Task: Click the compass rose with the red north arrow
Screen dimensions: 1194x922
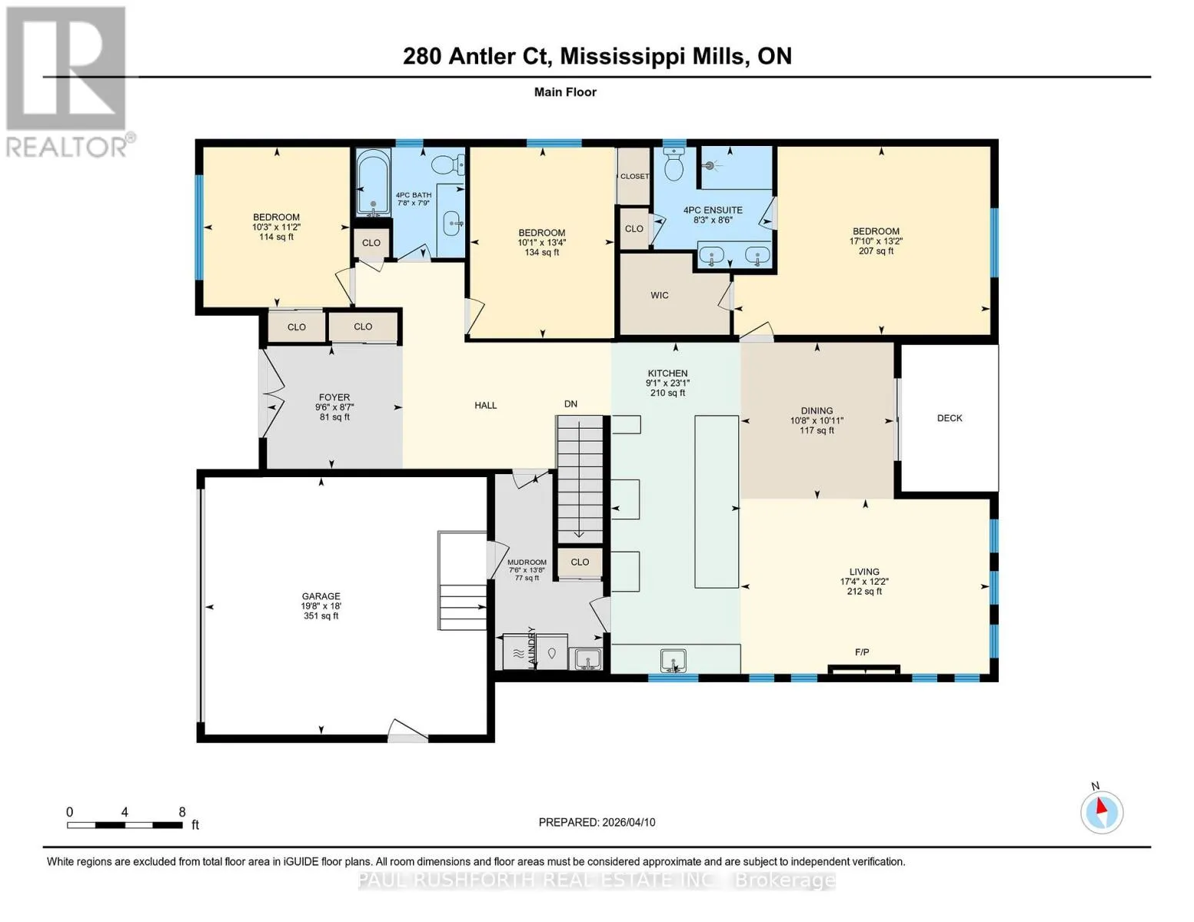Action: pos(1101,813)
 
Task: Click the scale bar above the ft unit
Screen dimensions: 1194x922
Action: pos(125,824)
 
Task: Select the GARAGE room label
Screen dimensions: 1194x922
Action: pos(321,596)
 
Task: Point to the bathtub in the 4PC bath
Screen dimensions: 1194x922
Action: pos(374,183)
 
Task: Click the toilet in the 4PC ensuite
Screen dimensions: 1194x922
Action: pos(673,163)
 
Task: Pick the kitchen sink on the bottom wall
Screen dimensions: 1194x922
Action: pos(673,660)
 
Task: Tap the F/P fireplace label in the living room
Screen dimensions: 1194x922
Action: pos(862,652)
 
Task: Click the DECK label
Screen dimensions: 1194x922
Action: pos(950,419)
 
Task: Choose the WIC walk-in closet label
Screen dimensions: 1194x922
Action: pos(660,296)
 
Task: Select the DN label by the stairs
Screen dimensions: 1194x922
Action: pos(571,404)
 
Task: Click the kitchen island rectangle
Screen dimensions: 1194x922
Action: pos(717,502)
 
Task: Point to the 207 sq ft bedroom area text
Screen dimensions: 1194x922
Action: pos(876,251)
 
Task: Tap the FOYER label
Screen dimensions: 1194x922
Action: pos(334,397)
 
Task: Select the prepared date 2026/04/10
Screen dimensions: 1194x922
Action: pos(629,823)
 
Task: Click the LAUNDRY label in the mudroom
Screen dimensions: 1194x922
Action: pos(531,648)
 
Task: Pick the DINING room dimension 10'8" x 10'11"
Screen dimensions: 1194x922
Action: pos(817,420)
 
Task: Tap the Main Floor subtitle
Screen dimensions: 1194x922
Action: pos(565,92)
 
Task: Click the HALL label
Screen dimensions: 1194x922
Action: pos(486,406)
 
